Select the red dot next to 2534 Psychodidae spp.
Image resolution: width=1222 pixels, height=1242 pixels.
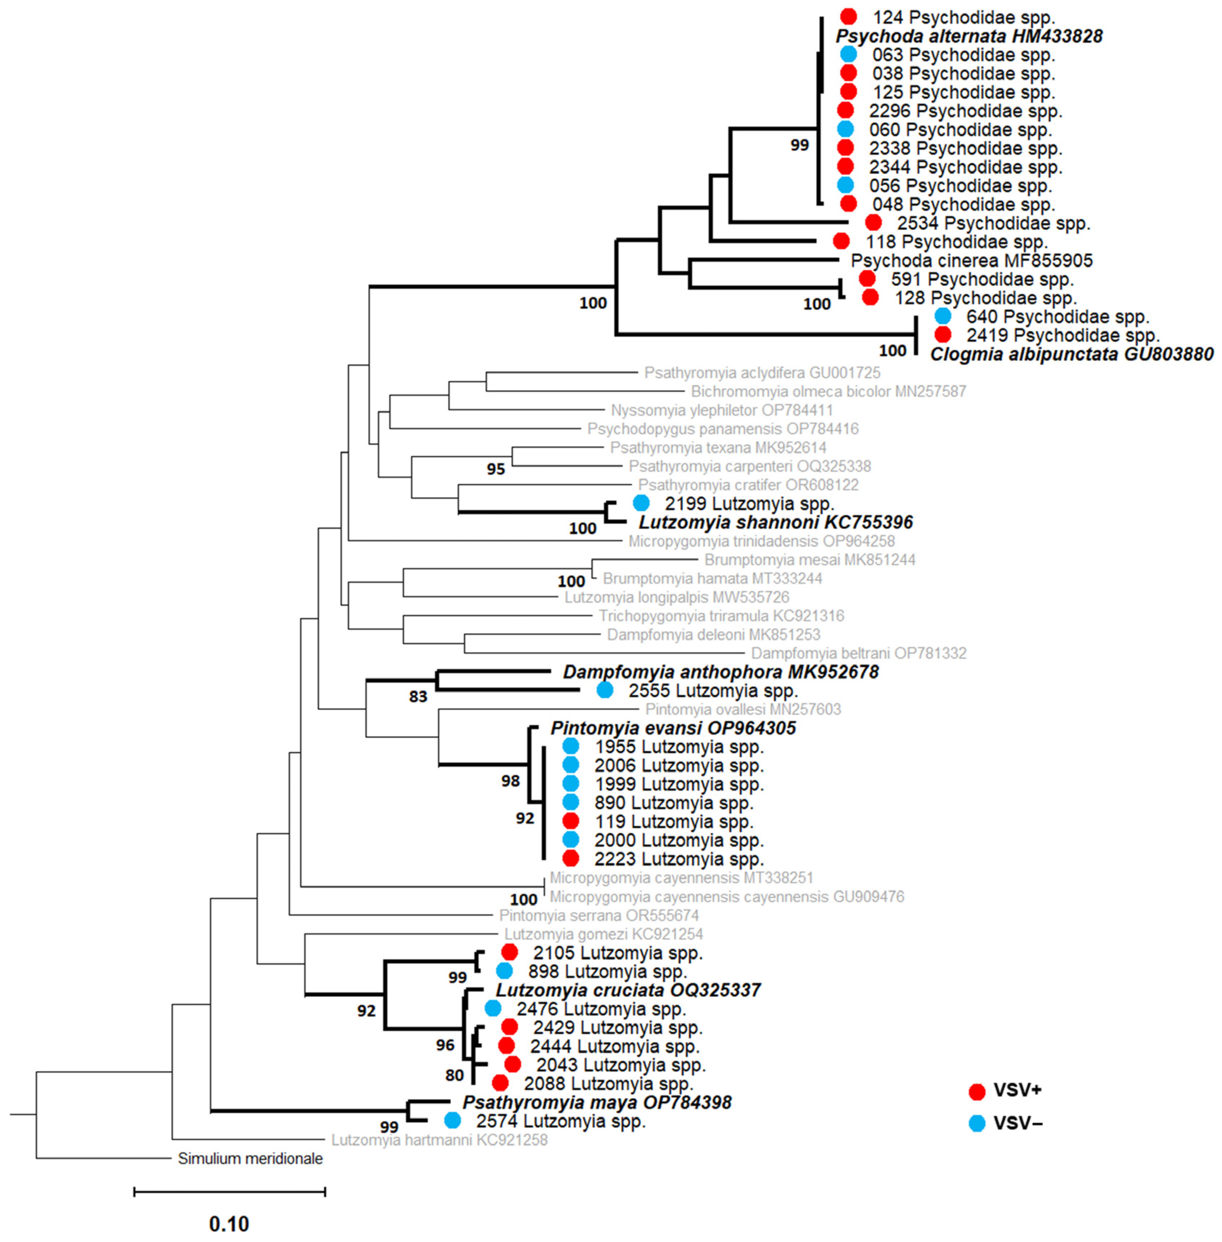point(873,222)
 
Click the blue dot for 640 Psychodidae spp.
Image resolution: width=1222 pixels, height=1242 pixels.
point(942,316)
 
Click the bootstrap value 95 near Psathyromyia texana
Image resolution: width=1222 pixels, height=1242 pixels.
point(495,469)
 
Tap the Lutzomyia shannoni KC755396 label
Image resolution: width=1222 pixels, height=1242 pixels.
point(775,522)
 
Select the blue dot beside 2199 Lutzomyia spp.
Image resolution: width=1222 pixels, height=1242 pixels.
point(641,503)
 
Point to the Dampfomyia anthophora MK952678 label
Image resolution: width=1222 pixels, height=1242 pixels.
point(720,672)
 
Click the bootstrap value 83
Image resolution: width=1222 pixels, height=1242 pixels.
point(418,697)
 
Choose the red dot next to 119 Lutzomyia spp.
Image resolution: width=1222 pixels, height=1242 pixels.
point(571,820)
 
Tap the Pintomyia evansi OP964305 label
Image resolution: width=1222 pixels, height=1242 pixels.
point(673,728)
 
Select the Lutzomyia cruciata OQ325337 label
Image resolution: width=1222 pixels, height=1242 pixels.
point(628,990)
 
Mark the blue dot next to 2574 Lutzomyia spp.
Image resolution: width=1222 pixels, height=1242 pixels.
point(453,1120)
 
